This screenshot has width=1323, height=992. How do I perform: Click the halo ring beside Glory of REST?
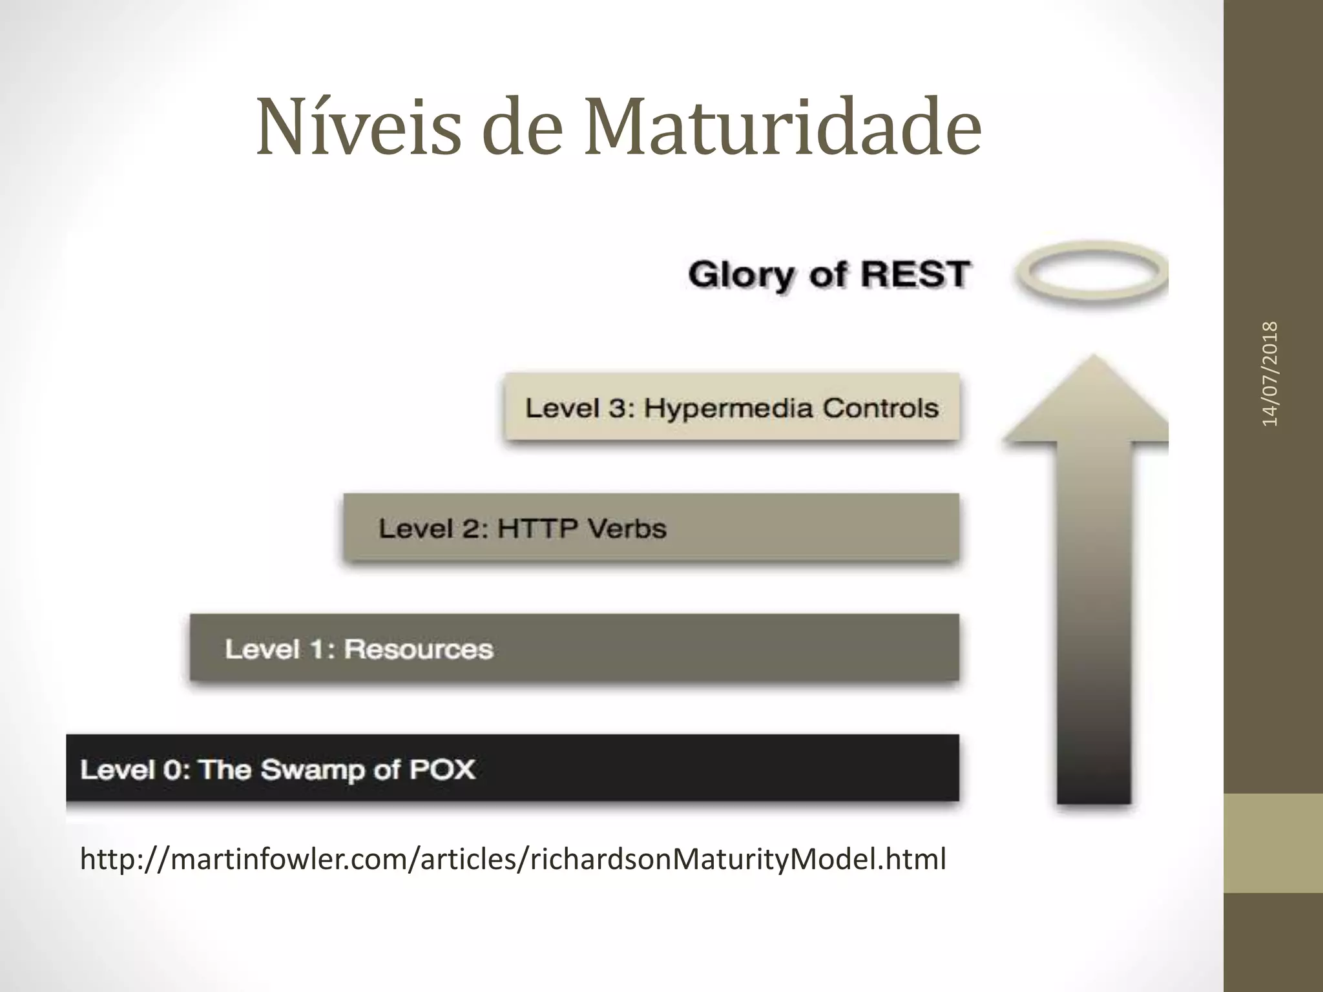click(x=1092, y=273)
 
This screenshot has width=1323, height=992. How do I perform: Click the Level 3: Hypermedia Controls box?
click(x=732, y=407)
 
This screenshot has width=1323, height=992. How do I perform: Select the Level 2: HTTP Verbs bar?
click(x=651, y=528)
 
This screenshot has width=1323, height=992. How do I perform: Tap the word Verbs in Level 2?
click(x=627, y=529)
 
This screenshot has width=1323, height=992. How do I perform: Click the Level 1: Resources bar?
click(x=574, y=648)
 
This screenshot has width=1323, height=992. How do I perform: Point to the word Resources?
click(x=419, y=649)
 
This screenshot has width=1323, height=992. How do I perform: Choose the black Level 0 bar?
click(x=512, y=769)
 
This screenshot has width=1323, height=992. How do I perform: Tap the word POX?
click(x=443, y=769)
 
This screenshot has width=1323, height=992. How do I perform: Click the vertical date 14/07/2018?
click(x=1270, y=373)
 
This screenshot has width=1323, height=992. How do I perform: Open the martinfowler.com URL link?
click(x=513, y=859)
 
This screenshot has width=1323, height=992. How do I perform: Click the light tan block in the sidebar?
click(x=1273, y=843)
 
